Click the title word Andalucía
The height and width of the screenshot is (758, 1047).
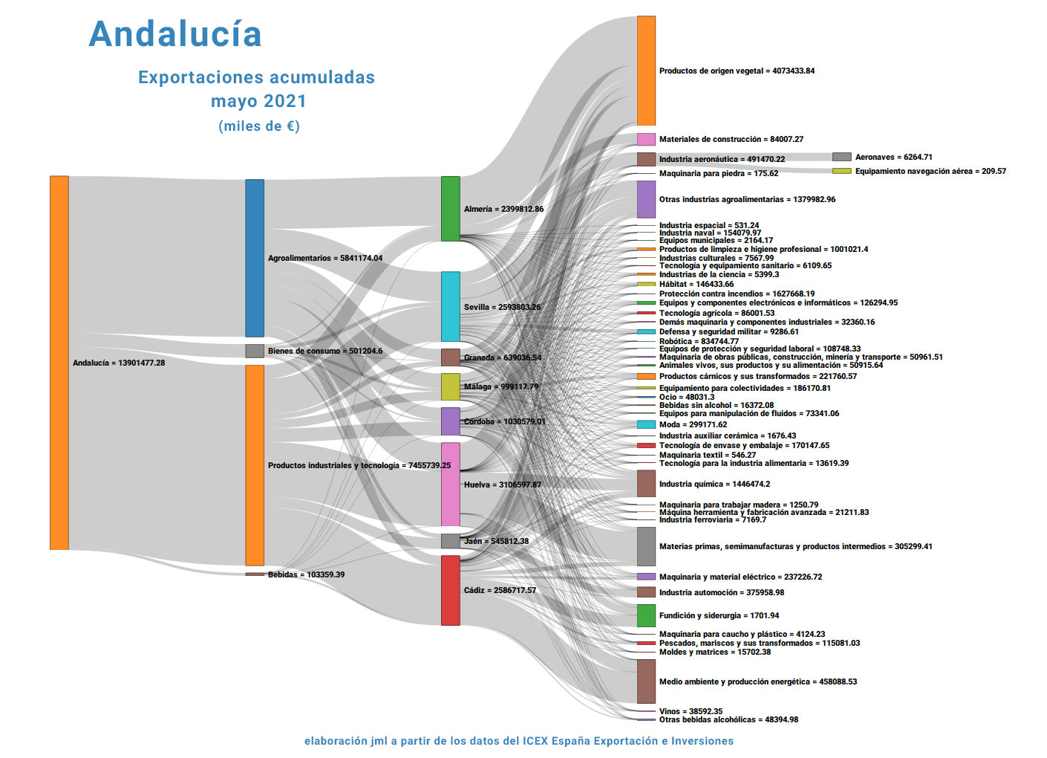(x=175, y=34)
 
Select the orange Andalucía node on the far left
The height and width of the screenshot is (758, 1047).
(x=59, y=363)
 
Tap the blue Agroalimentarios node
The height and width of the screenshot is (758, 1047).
(x=255, y=258)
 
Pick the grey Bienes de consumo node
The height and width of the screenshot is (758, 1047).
(x=255, y=351)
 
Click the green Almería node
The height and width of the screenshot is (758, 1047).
(x=451, y=209)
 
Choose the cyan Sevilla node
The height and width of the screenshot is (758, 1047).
(x=451, y=307)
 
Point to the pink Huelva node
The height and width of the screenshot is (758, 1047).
(x=451, y=485)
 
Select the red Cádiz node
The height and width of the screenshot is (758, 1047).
(x=451, y=590)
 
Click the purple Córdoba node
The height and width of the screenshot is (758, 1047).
(x=451, y=421)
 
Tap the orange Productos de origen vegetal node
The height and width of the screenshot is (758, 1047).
(x=646, y=71)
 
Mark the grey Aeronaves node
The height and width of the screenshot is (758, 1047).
(x=841, y=157)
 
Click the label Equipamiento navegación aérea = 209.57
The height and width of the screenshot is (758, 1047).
(x=930, y=171)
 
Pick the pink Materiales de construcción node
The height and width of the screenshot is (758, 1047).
(x=646, y=139)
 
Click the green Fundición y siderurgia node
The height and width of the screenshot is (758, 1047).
(x=646, y=615)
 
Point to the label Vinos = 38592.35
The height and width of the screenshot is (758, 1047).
(x=691, y=711)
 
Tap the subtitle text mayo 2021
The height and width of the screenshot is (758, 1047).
(x=258, y=101)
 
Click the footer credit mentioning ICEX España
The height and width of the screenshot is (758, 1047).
(x=519, y=741)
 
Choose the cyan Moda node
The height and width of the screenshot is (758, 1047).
(x=646, y=424)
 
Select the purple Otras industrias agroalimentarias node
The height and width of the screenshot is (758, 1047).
(x=646, y=199)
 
